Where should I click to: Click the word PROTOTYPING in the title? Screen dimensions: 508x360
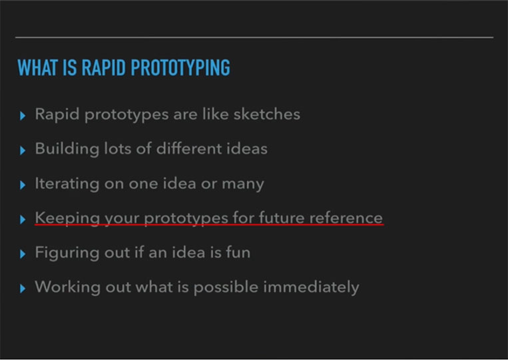[x=180, y=67]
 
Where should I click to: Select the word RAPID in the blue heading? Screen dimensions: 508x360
[x=103, y=67]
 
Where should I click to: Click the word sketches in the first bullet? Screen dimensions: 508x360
[x=267, y=114]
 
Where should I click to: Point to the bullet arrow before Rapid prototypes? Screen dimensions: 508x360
[x=23, y=116]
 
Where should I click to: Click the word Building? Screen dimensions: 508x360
[x=67, y=149]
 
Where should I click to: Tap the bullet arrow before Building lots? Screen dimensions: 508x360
[x=23, y=150]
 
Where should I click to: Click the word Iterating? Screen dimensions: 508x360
[x=67, y=184]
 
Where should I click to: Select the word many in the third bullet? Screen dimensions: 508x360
[x=243, y=184]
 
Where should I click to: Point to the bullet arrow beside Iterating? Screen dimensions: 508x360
[x=23, y=185]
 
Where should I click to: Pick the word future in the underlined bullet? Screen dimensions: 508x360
[x=282, y=218]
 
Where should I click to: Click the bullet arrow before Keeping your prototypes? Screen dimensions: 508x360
[x=23, y=220]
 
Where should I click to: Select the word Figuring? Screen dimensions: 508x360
[x=67, y=253]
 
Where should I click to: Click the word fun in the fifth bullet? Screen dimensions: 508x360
[x=238, y=252]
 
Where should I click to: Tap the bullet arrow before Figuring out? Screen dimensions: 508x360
[x=23, y=254]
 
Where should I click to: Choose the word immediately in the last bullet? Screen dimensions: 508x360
[x=311, y=287]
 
